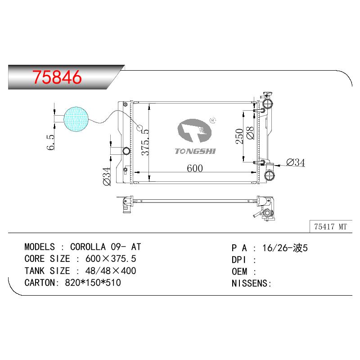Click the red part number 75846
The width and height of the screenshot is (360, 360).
pos(57,77)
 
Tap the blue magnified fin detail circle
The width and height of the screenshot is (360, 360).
pos(76,119)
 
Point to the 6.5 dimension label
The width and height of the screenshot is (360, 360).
pos(51,142)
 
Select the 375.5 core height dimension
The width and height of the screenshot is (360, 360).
pos(145,142)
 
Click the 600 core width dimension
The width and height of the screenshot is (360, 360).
pos(195,168)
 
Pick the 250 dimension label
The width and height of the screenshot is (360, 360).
pos(239,136)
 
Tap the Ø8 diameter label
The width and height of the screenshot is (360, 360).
pos(250,133)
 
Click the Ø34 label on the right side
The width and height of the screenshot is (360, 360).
pos(296,162)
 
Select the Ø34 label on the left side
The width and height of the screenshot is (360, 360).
pos(107,176)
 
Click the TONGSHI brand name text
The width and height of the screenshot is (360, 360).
pos(195,151)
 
